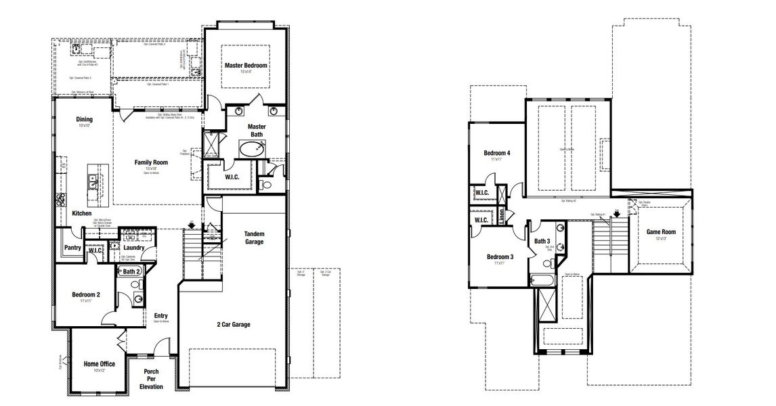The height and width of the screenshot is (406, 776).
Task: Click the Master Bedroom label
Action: click(x=246, y=65)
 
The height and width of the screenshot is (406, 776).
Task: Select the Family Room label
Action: click(x=151, y=162)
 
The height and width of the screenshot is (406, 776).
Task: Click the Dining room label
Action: click(x=85, y=120)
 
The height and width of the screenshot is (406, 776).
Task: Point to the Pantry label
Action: click(x=73, y=248)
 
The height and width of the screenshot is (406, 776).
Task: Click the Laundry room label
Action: click(x=134, y=248)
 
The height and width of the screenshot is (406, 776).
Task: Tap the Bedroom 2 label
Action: click(x=86, y=294)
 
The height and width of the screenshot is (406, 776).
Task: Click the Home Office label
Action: click(x=99, y=364)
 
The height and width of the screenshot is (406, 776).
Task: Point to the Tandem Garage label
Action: click(x=254, y=238)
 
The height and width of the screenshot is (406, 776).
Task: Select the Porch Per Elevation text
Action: click(x=151, y=379)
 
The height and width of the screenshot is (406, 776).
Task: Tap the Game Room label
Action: click(x=661, y=231)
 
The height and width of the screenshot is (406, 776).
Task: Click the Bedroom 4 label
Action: click(x=497, y=153)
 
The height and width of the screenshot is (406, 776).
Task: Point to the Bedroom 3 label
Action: click(x=500, y=256)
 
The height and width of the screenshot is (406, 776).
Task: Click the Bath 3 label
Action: click(x=542, y=241)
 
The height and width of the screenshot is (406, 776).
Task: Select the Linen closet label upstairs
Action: click(x=501, y=216)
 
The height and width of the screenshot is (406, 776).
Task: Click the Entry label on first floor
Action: click(x=160, y=315)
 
